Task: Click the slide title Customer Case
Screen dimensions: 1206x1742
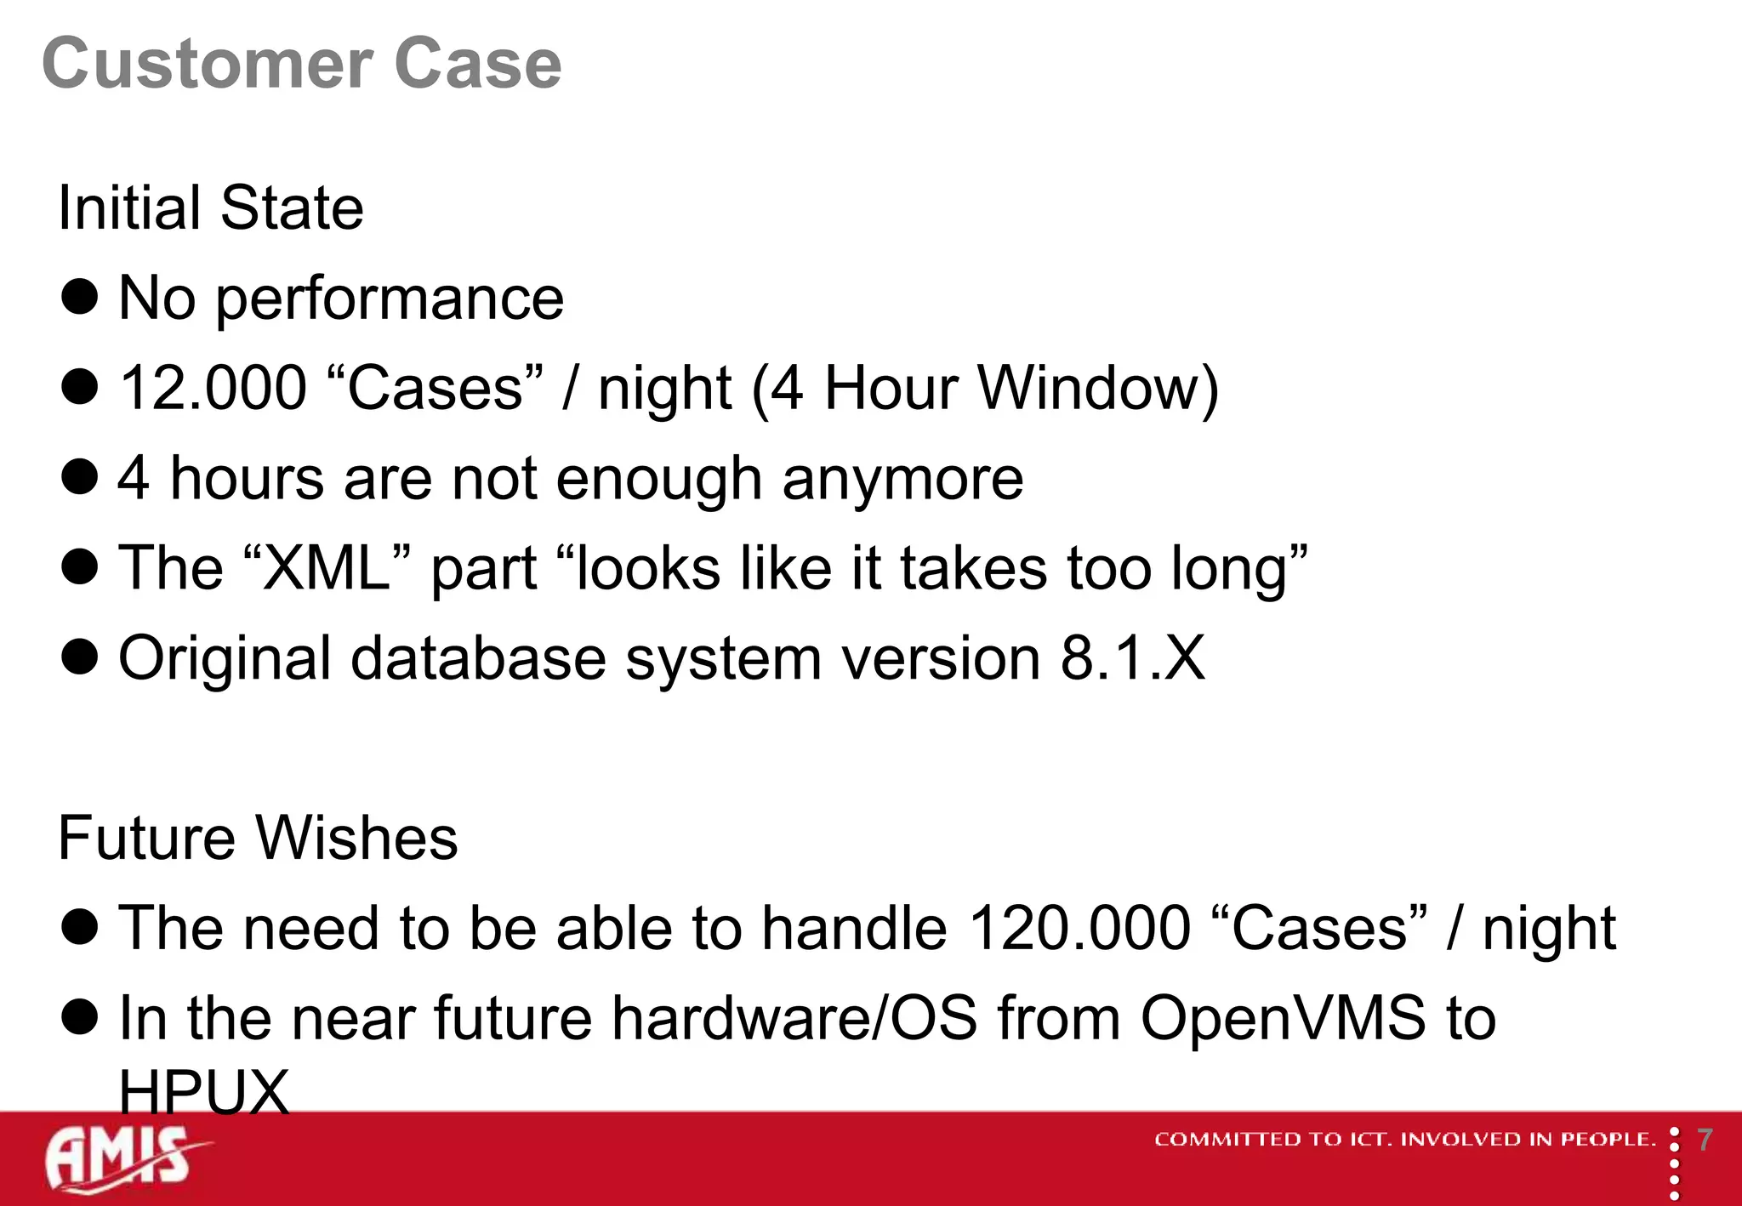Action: click(x=302, y=64)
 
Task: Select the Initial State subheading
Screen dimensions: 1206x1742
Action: click(x=210, y=208)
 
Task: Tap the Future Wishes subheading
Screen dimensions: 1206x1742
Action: click(x=258, y=838)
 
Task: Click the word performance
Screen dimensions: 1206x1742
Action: click(x=390, y=299)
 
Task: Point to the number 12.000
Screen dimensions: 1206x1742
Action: click(x=213, y=389)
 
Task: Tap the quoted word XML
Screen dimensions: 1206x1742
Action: click(x=326, y=568)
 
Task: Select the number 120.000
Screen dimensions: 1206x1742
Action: click(x=1079, y=928)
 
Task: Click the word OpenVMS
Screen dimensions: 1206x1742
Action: click(x=1283, y=1018)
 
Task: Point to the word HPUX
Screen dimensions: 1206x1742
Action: click(x=204, y=1091)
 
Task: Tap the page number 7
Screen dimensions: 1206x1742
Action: click(x=1705, y=1140)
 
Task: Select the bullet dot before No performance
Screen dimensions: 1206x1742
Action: click(x=80, y=298)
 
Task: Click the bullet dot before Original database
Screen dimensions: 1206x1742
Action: click(x=80, y=657)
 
